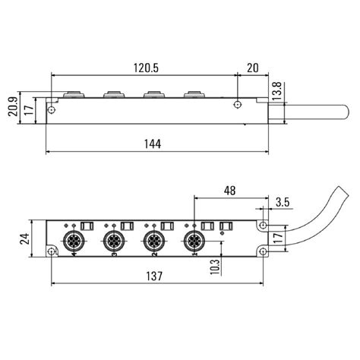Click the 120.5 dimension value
pos(144,68)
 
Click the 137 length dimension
pos(155,277)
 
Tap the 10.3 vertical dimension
pos(214,267)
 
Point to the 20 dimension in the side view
pos(253,68)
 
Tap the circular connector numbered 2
pos(151,243)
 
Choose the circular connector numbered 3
pos(112,243)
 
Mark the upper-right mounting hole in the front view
pos(263,226)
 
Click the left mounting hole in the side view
pos(52,111)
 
